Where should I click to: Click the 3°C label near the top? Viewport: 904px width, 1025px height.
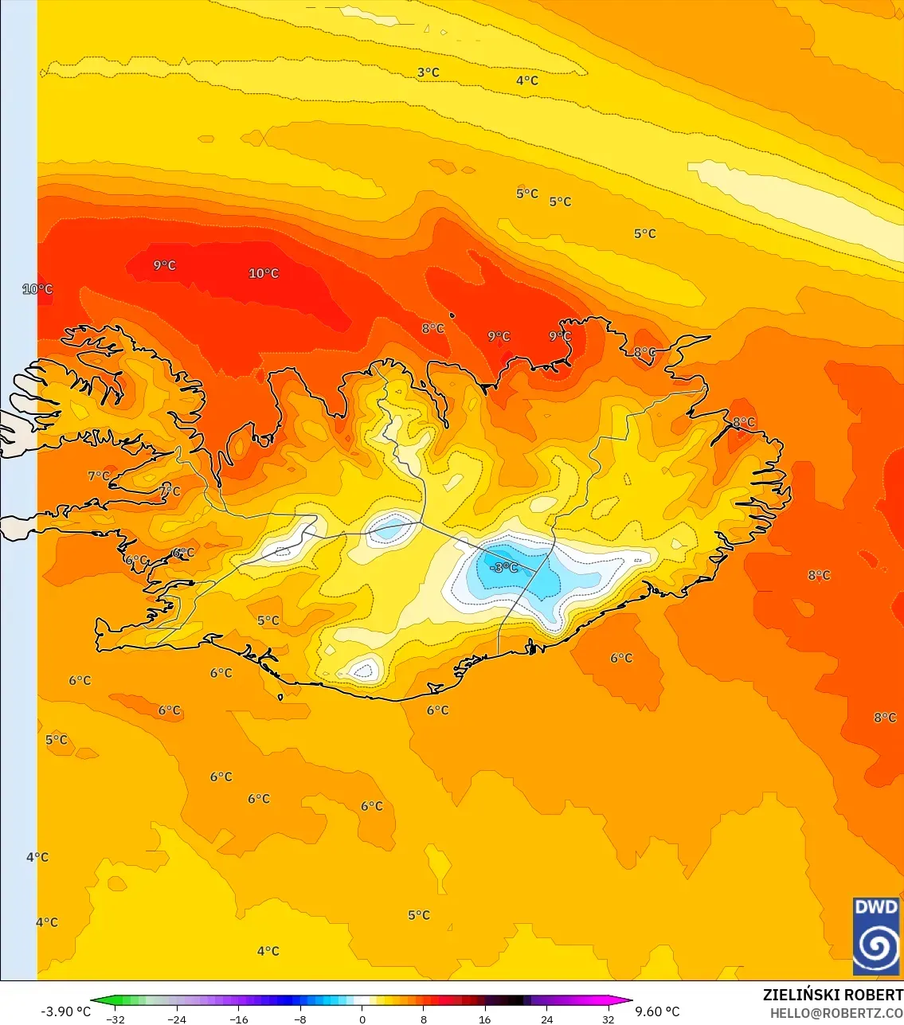coord(429,72)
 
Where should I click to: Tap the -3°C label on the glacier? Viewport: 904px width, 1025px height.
coord(503,568)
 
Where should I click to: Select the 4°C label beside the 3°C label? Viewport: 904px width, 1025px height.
coord(527,80)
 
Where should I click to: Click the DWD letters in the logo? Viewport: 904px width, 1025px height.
coord(875,907)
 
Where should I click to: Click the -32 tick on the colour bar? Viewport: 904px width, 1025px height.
coord(115,1019)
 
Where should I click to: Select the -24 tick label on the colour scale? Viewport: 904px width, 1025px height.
coord(177,1019)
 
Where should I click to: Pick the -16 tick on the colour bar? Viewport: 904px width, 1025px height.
coord(238,1019)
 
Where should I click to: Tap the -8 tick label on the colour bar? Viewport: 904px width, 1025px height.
coord(300,1019)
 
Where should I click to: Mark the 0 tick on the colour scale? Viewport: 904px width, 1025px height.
coord(362,1019)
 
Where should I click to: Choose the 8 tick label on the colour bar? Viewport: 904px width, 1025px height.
coord(424,1019)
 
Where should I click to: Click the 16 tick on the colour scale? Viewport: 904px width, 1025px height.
coord(484,1019)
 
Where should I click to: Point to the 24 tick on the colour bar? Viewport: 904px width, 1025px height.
coord(546,1019)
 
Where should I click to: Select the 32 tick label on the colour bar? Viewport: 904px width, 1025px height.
coord(608,1019)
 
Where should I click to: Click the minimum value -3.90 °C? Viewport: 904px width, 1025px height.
coord(66,1011)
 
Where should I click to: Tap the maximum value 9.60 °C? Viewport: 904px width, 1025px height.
coord(657,1011)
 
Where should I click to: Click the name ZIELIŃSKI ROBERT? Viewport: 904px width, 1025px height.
coord(832,995)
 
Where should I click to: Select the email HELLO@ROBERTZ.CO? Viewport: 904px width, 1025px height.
coord(836,1013)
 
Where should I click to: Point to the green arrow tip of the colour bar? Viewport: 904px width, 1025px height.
coord(92,1001)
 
